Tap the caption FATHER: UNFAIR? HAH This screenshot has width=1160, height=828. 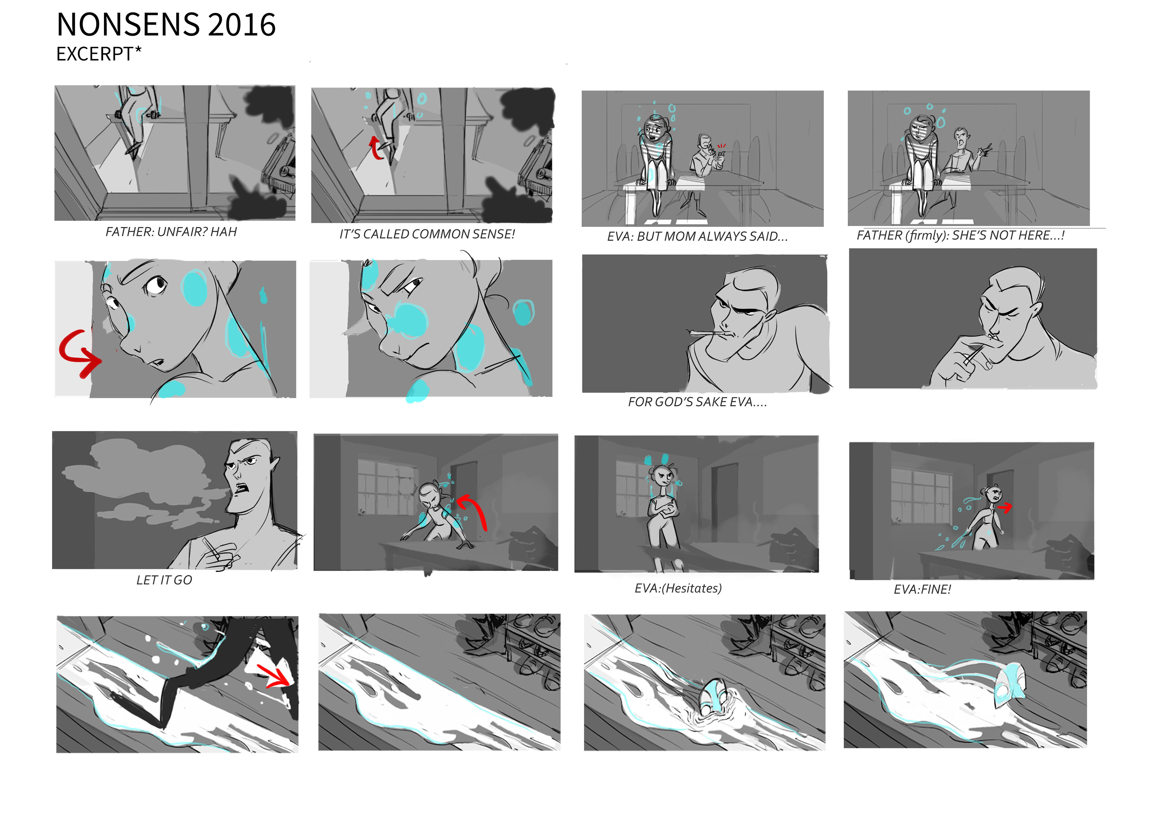tap(171, 232)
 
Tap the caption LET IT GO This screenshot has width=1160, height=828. tap(164, 580)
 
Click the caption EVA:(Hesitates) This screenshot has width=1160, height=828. tap(678, 588)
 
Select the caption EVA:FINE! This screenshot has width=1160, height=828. tap(922, 590)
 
